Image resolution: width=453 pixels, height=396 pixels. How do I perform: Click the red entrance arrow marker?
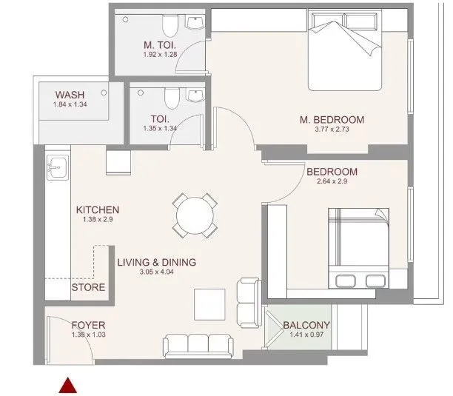(68, 384)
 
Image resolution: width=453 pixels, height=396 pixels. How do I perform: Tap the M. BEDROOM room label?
(332, 120)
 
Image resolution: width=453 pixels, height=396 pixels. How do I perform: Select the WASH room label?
(70, 95)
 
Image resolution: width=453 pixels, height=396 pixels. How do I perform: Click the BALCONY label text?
(306, 325)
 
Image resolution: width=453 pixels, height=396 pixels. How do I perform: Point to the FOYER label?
(88, 325)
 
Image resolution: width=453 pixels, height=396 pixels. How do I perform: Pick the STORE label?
(88, 287)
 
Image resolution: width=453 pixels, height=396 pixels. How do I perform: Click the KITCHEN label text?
(97, 210)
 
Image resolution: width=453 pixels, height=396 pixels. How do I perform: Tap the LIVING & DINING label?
(156, 262)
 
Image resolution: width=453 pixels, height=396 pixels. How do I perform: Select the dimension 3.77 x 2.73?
(332, 131)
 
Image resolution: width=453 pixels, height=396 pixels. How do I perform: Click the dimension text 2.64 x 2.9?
(332, 182)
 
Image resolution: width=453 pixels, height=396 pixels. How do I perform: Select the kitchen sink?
(57, 169)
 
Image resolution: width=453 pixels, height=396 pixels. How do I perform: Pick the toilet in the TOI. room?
(171, 98)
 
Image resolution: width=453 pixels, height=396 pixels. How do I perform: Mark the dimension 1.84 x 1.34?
(70, 105)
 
